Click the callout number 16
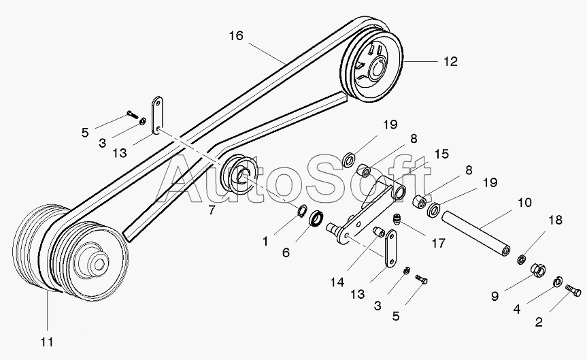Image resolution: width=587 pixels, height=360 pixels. pyautogui.click(x=235, y=36)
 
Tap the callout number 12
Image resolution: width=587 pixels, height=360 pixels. pyautogui.click(x=450, y=61)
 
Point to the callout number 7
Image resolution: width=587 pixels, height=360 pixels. pyautogui.click(x=212, y=210)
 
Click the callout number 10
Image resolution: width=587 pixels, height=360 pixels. pyautogui.click(x=524, y=203)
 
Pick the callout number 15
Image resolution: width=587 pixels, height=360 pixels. pyautogui.click(x=441, y=155)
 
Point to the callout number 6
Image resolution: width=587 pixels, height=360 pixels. pyautogui.click(x=286, y=252)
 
